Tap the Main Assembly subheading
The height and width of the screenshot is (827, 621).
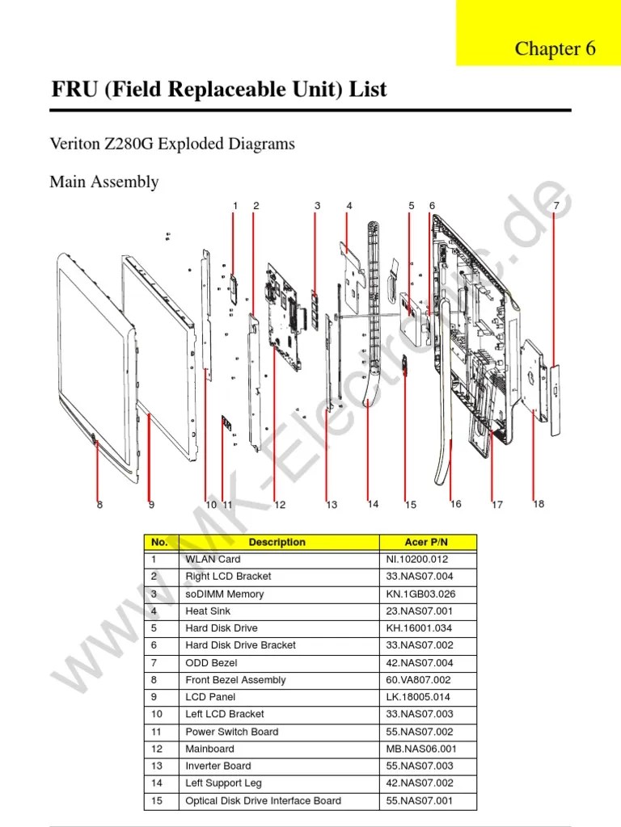(103, 182)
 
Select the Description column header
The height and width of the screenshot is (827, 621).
(277, 542)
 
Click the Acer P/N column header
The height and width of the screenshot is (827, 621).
(426, 542)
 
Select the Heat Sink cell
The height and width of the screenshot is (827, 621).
(208, 611)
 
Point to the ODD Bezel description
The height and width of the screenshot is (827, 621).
(211, 662)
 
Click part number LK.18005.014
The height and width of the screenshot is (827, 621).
(418, 697)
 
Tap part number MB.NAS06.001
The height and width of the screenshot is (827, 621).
(421, 749)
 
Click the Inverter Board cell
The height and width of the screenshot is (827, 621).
(218, 766)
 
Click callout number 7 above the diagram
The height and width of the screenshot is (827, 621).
(556, 206)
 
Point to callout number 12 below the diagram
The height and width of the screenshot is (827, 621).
(280, 506)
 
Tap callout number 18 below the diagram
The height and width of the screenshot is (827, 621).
(539, 504)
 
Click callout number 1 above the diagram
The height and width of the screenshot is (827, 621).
(235, 206)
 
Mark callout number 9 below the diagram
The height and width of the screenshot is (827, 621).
(151, 506)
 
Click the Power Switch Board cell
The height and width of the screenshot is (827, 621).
(231, 732)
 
